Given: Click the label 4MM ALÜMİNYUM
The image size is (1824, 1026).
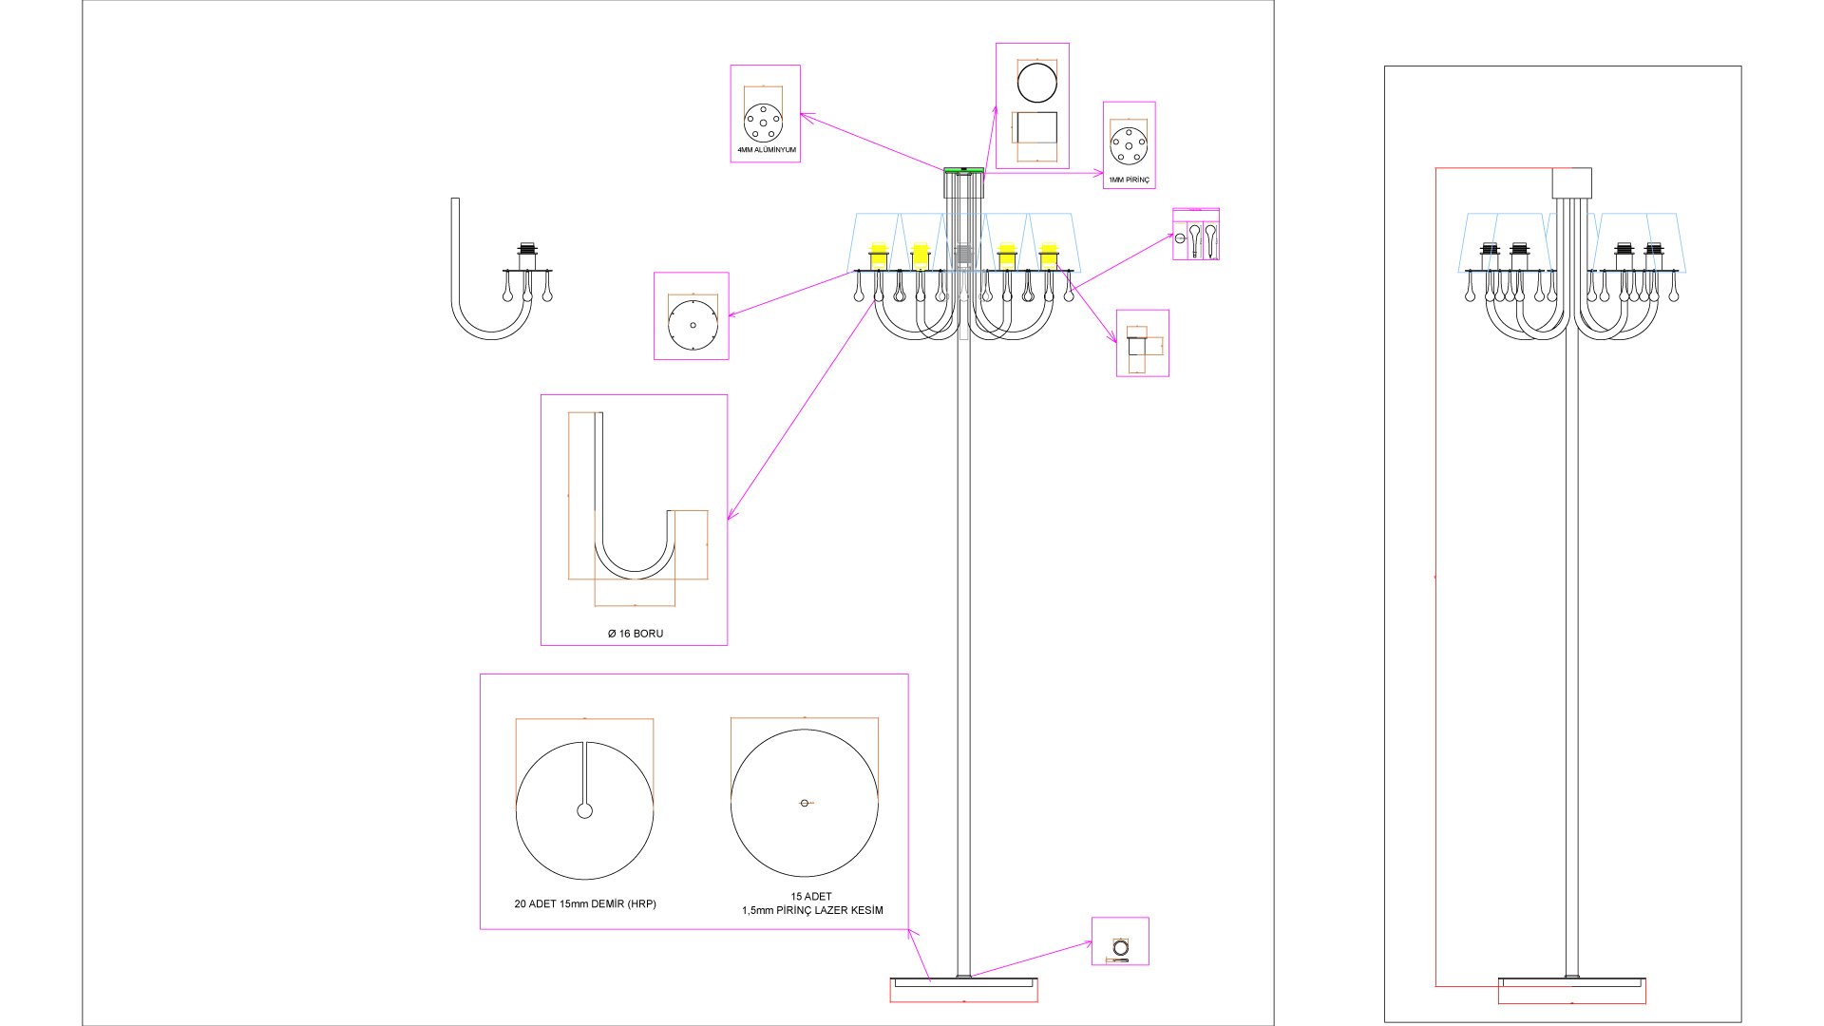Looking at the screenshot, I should point(766,150).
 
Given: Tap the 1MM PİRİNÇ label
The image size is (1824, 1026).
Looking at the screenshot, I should point(1129,180).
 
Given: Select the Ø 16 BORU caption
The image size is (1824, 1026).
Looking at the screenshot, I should point(636,634).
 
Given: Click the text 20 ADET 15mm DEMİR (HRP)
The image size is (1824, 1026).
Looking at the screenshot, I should point(585,903).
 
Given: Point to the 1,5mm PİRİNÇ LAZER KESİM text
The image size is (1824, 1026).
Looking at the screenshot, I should point(812,910).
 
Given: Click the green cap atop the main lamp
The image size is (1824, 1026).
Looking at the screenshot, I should point(963,170).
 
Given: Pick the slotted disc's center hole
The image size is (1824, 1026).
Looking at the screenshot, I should point(585,810).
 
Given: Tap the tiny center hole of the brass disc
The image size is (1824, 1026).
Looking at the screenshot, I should point(805,803).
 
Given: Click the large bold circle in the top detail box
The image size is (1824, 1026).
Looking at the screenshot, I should point(1036,83).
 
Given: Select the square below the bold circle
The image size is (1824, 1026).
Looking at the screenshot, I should point(1035,127).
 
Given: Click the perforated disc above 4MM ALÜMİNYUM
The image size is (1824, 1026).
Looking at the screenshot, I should point(763,123).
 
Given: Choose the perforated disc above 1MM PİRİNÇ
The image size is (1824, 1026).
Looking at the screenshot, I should point(1129,145).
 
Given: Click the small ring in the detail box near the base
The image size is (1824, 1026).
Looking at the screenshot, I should point(1121,947).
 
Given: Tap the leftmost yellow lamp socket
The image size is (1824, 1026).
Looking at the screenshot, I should point(879,256).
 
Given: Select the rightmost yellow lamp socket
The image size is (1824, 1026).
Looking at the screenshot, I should point(1049,256).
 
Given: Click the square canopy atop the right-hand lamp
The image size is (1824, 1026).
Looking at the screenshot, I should point(1571,183).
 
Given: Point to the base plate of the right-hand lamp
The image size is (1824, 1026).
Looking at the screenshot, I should point(1571,982).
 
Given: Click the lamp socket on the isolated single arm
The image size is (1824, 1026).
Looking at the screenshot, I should point(527,257).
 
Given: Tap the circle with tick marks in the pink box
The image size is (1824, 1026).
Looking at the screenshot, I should point(693,325).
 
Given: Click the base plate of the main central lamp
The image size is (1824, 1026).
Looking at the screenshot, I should point(963,982).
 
